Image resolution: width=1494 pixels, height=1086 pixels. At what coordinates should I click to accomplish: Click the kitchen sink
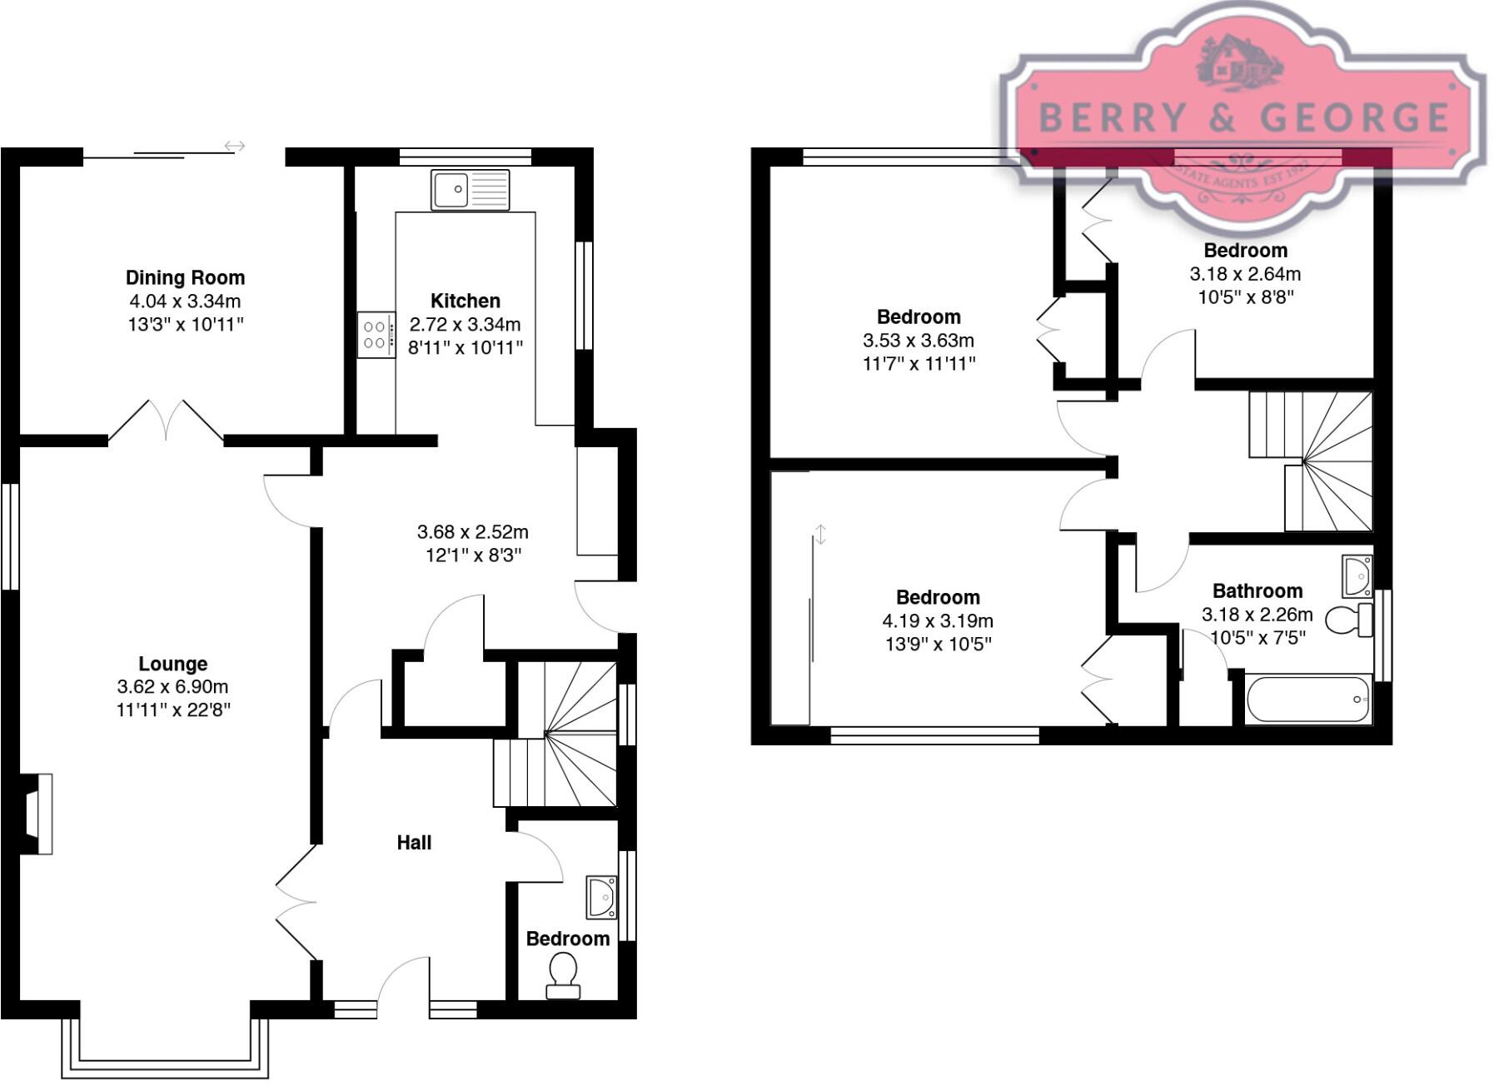[470, 190]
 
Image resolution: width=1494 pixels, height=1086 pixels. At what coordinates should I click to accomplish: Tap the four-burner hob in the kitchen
[376, 335]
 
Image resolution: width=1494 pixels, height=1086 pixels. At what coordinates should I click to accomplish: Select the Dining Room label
[185, 277]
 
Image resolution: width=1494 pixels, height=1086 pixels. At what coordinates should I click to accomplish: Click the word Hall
[414, 843]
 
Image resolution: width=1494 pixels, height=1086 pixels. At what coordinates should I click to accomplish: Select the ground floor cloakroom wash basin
[601, 897]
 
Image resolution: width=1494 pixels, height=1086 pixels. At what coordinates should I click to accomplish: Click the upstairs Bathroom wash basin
[1357, 575]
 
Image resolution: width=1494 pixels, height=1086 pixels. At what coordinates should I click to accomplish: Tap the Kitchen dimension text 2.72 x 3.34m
[465, 324]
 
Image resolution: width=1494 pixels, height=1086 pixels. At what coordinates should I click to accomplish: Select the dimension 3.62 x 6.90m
[172, 687]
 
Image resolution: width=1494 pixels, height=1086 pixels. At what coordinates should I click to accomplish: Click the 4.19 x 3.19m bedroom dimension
[938, 620]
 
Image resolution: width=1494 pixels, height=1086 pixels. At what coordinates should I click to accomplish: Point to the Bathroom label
[1257, 591]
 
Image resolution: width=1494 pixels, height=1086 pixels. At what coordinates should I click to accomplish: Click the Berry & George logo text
[1243, 117]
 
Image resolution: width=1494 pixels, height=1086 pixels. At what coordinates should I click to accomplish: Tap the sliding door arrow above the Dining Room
[235, 147]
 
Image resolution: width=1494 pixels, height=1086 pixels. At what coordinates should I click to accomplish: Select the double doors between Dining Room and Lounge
[167, 421]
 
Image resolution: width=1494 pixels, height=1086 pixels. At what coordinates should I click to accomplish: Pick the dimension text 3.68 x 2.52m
[472, 531]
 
